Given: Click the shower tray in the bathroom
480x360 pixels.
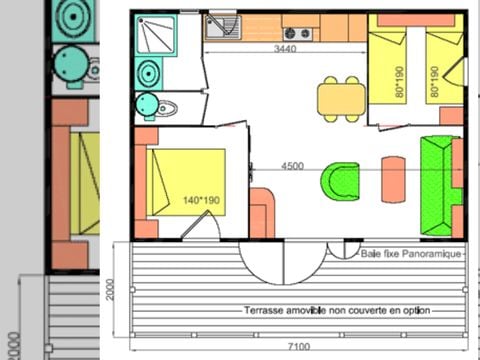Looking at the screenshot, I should click(x=157, y=36).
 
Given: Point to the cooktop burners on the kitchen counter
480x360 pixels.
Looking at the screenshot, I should click(x=300, y=31).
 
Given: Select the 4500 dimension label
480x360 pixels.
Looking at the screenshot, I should click(x=292, y=166).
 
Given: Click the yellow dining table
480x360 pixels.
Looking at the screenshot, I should click(x=340, y=98).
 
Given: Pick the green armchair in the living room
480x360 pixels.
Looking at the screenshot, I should click(x=340, y=181).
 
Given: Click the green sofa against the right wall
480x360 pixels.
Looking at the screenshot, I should click(x=437, y=185).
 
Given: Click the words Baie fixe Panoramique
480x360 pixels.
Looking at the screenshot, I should click(x=412, y=254).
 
